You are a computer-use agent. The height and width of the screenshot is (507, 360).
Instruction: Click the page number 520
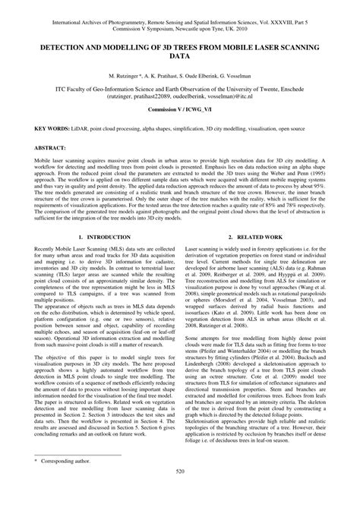tap(180, 493)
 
